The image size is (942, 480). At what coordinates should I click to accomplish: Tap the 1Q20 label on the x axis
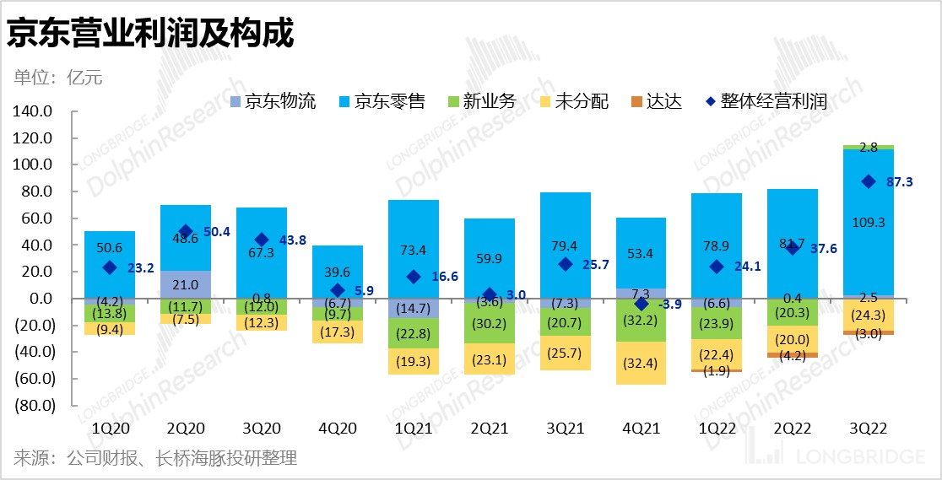[109, 429]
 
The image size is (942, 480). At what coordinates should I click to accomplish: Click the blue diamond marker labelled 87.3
[868, 182]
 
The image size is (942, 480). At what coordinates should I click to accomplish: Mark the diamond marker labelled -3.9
[641, 304]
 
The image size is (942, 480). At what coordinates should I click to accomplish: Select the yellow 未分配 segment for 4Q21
[641, 364]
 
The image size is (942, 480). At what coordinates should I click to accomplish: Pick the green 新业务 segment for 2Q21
[489, 322]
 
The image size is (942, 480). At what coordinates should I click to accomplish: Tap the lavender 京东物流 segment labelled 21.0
[185, 284]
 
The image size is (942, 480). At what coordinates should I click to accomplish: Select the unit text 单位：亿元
[58, 78]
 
